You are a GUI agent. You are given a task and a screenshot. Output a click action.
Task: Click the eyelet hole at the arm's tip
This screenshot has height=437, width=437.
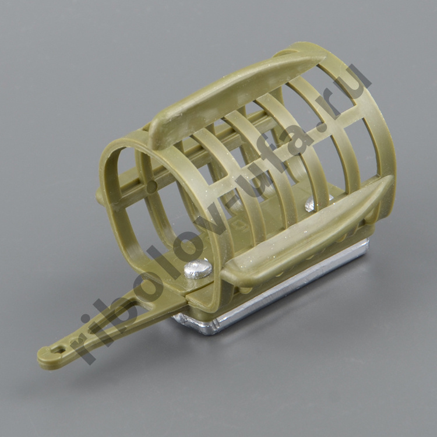[x=59, y=350]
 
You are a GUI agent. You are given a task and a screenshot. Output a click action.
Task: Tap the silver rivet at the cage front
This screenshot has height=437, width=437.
[x=198, y=269]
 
